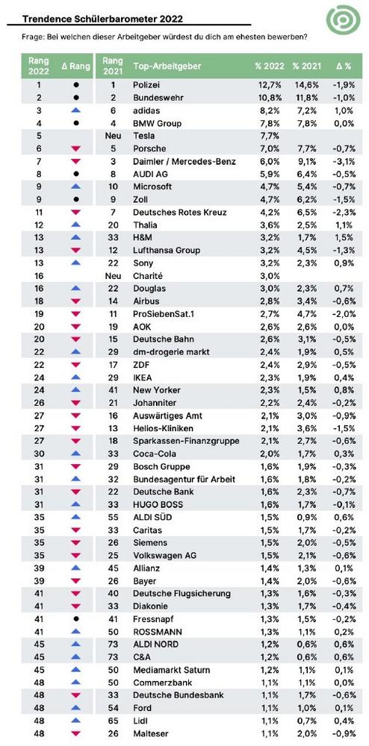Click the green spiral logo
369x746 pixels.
coord(344,19)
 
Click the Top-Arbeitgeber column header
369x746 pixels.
coord(167,66)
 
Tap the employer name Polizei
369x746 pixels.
coord(146,85)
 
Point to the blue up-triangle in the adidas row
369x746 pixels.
coord(75,110)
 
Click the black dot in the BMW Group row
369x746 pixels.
coord(75,123)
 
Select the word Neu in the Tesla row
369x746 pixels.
coord(113,136)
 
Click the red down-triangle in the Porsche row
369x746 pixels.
coord(75,148)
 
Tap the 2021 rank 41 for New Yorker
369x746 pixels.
coord(113,390)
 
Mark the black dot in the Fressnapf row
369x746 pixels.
coord(75,619)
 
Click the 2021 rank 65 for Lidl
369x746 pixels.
coord(113,721)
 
